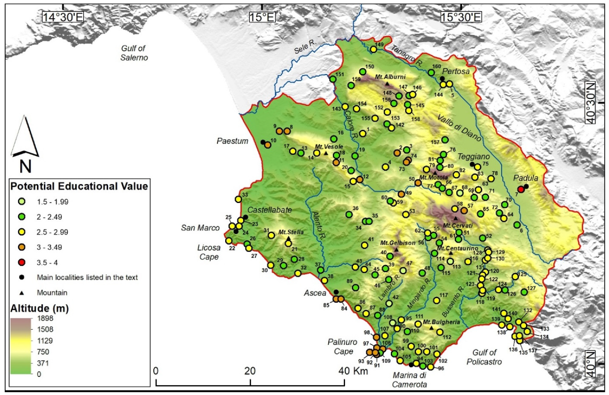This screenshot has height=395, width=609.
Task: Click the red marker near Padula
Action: click(x=521, y=189)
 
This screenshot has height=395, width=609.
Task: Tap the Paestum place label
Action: click(x=232, y=141)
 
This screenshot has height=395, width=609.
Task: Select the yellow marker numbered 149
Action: click(x=373, y=49)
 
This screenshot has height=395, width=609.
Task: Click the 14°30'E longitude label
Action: click(x=63, y=17)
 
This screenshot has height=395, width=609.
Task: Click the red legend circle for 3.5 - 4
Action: click(x=22, y=262)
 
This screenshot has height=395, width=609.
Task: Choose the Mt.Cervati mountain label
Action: click(x=457, y=225)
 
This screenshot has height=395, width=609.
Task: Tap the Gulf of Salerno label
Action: click(x=134, y=53)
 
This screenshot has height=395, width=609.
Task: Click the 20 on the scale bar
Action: click(x=250, y=371)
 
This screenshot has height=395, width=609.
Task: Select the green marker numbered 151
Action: click(x=333, y=79)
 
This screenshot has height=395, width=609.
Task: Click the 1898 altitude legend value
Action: click(x=45, y=318)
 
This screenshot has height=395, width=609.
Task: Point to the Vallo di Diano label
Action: click(x=459, y=127)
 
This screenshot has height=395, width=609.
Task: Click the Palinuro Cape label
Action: click(x=342, y=346)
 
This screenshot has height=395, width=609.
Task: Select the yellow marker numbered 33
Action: click(x=238, y=199)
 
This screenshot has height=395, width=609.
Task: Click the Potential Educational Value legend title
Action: click(x=79, y=186)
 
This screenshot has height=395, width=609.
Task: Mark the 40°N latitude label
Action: click(x=590, y=364)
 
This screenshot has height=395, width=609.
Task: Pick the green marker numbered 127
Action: click(x=524, y=292)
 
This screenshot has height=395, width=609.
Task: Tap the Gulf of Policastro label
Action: click(x=484, y=357)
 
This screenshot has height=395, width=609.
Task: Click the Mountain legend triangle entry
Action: click(x=22, y=293)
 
